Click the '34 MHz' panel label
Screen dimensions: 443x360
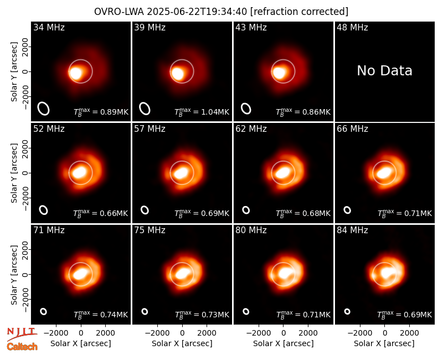[x=49, y=27]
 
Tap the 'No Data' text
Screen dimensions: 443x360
[x=384, y=71]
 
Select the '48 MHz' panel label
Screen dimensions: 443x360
[x=352, y=27]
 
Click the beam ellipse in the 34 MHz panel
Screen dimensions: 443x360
[x=44, y=109]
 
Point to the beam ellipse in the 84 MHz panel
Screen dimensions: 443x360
[x=347, y=311]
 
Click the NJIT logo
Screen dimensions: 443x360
[x=22, y=334]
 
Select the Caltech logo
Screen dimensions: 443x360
[x=22, y=347]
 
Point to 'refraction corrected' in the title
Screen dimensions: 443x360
[x=299, y=12]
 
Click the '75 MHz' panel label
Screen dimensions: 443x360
[x=150, y=230]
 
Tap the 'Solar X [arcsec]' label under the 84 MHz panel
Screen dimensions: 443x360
[x=384, y=343]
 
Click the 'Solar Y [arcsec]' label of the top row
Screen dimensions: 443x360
[x=14, y=72]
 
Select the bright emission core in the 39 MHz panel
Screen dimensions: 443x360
[x=178, y=73]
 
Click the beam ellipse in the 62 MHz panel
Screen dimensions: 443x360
[x=246, y=210]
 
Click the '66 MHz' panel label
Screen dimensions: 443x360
[x=352, y=129]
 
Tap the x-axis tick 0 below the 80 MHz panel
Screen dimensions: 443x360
[x=284, y=333]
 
